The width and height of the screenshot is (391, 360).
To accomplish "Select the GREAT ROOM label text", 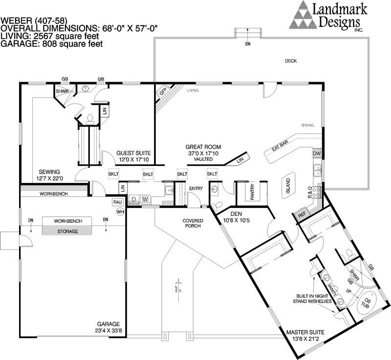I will coord(203,147).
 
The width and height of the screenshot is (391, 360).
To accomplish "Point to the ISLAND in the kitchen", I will coord(288,186).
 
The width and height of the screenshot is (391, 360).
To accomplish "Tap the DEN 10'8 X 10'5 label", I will coord(239,217).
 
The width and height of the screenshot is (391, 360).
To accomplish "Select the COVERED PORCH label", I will coord(193,224).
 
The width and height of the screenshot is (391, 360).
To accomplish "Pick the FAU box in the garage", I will coord(117,202).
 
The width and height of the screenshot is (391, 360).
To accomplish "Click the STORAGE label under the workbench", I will coord(67,231).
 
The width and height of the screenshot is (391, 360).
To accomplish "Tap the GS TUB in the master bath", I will coord(365,301).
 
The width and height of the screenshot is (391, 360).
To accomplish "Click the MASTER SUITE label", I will coord(306,334).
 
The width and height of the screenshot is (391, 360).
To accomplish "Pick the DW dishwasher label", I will coord(316,154).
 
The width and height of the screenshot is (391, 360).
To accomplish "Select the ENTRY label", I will coord(196,188).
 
